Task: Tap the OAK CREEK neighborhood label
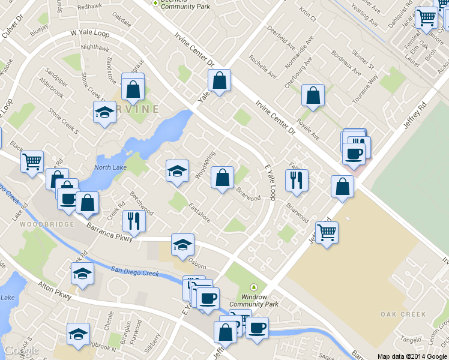coord(403,314)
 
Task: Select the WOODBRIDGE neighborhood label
coord(46,224)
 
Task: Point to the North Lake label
coord(110,167)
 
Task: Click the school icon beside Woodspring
coord(177,171)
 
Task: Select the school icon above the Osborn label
coord(182,244)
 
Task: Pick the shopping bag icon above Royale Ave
coord(313,95)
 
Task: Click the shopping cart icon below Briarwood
coord(327,232)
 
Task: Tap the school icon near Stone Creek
coord(105,112)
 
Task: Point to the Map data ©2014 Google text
coord(412,356)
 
